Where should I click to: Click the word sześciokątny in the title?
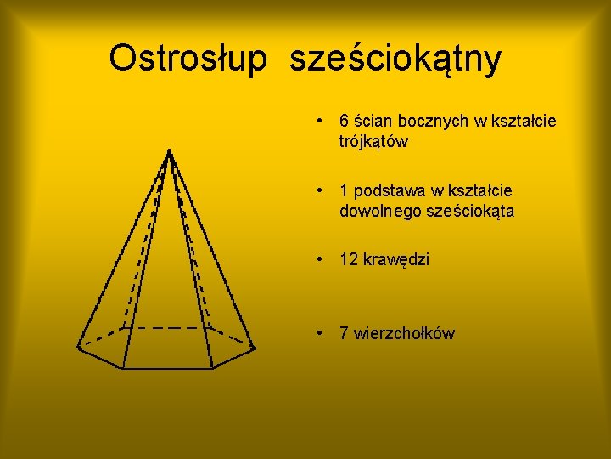(x=395, y=60)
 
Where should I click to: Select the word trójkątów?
(x=373, y=142)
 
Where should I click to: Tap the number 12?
(x=349, y=260)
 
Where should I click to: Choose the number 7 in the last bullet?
(x=345, y=333)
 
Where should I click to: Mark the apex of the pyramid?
(x=170, y=150)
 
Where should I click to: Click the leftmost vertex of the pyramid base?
(x=77, y=346)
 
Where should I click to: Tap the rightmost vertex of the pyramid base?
(x=255, y=346)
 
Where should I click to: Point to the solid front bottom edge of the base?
(x=165, y=369)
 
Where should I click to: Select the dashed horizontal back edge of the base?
(x=166, y=327)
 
